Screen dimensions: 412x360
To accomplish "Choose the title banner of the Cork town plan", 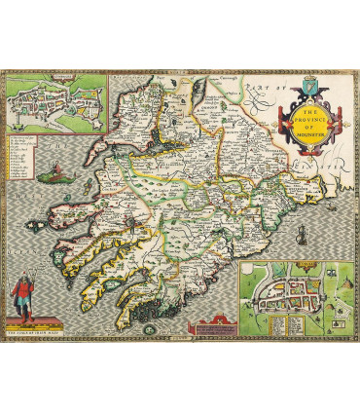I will pos(298,267).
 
